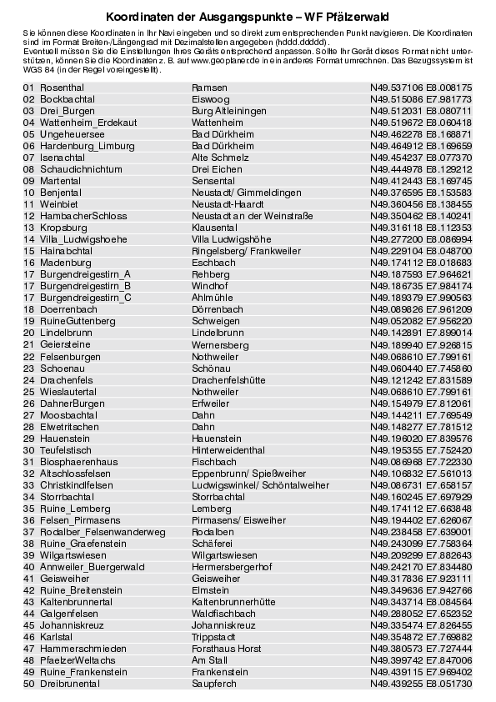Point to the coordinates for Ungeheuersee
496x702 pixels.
click(x=421, y=134)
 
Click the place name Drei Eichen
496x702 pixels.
click(x=217, y=169)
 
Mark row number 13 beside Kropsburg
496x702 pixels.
click(x=28, y=228)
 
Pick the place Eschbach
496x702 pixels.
click(x=213, y=263)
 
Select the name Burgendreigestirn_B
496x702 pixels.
click(x=85, y=286)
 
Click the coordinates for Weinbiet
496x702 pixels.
click(x=421, y=204)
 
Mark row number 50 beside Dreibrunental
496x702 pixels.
click(x=28, y=684)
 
